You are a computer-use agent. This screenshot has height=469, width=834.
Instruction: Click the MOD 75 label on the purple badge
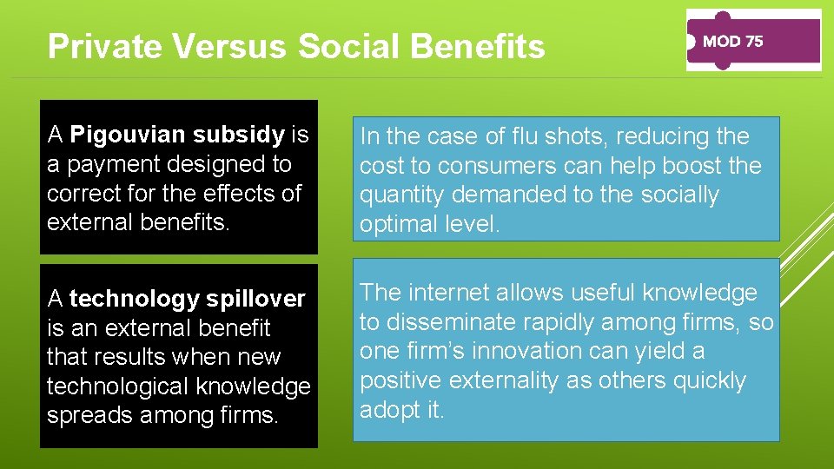pos(732,41)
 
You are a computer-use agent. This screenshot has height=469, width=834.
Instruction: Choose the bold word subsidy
pos(238,135)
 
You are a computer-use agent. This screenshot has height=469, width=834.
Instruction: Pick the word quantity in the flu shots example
pos(402,195)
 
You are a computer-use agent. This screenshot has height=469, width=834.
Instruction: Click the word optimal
pos(402,224)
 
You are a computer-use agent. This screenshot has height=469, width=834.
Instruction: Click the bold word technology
pos(135,299)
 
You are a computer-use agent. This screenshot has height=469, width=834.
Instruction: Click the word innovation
pos(512,351)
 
